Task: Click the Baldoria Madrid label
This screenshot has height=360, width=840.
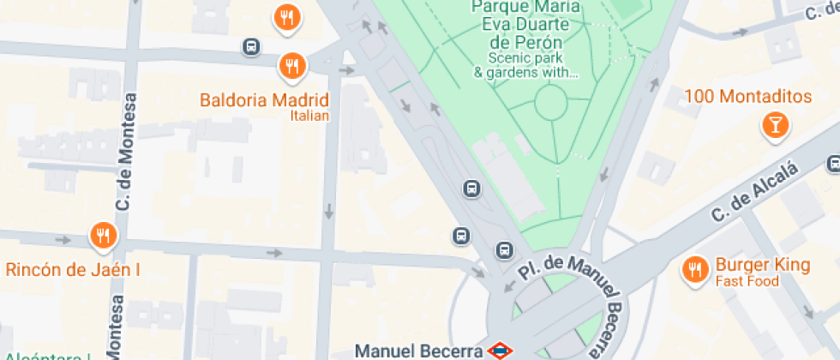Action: [264, 99]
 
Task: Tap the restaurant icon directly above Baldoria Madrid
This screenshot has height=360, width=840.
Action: [292, 65]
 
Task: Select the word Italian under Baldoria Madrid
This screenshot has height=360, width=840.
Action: [309, 116]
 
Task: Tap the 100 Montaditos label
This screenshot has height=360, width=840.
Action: [747, 96]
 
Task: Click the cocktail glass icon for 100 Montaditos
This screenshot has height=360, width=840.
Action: [775, 127]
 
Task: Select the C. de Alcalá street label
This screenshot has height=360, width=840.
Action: [755, 193]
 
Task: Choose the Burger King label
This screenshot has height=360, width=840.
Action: [763, 265]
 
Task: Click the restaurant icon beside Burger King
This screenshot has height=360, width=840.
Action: [693, 271]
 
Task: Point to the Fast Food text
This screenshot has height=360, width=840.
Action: [747, 281]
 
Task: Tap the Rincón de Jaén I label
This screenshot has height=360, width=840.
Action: [73, 270]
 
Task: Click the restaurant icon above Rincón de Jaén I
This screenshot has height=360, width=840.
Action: [103, 235]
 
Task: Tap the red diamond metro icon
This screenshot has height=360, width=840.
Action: [500, 350]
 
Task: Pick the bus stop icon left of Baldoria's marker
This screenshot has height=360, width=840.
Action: [250, 47]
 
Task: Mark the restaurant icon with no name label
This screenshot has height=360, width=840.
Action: [286, 17]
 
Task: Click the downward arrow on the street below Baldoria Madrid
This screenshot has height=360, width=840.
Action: [329, 210]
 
